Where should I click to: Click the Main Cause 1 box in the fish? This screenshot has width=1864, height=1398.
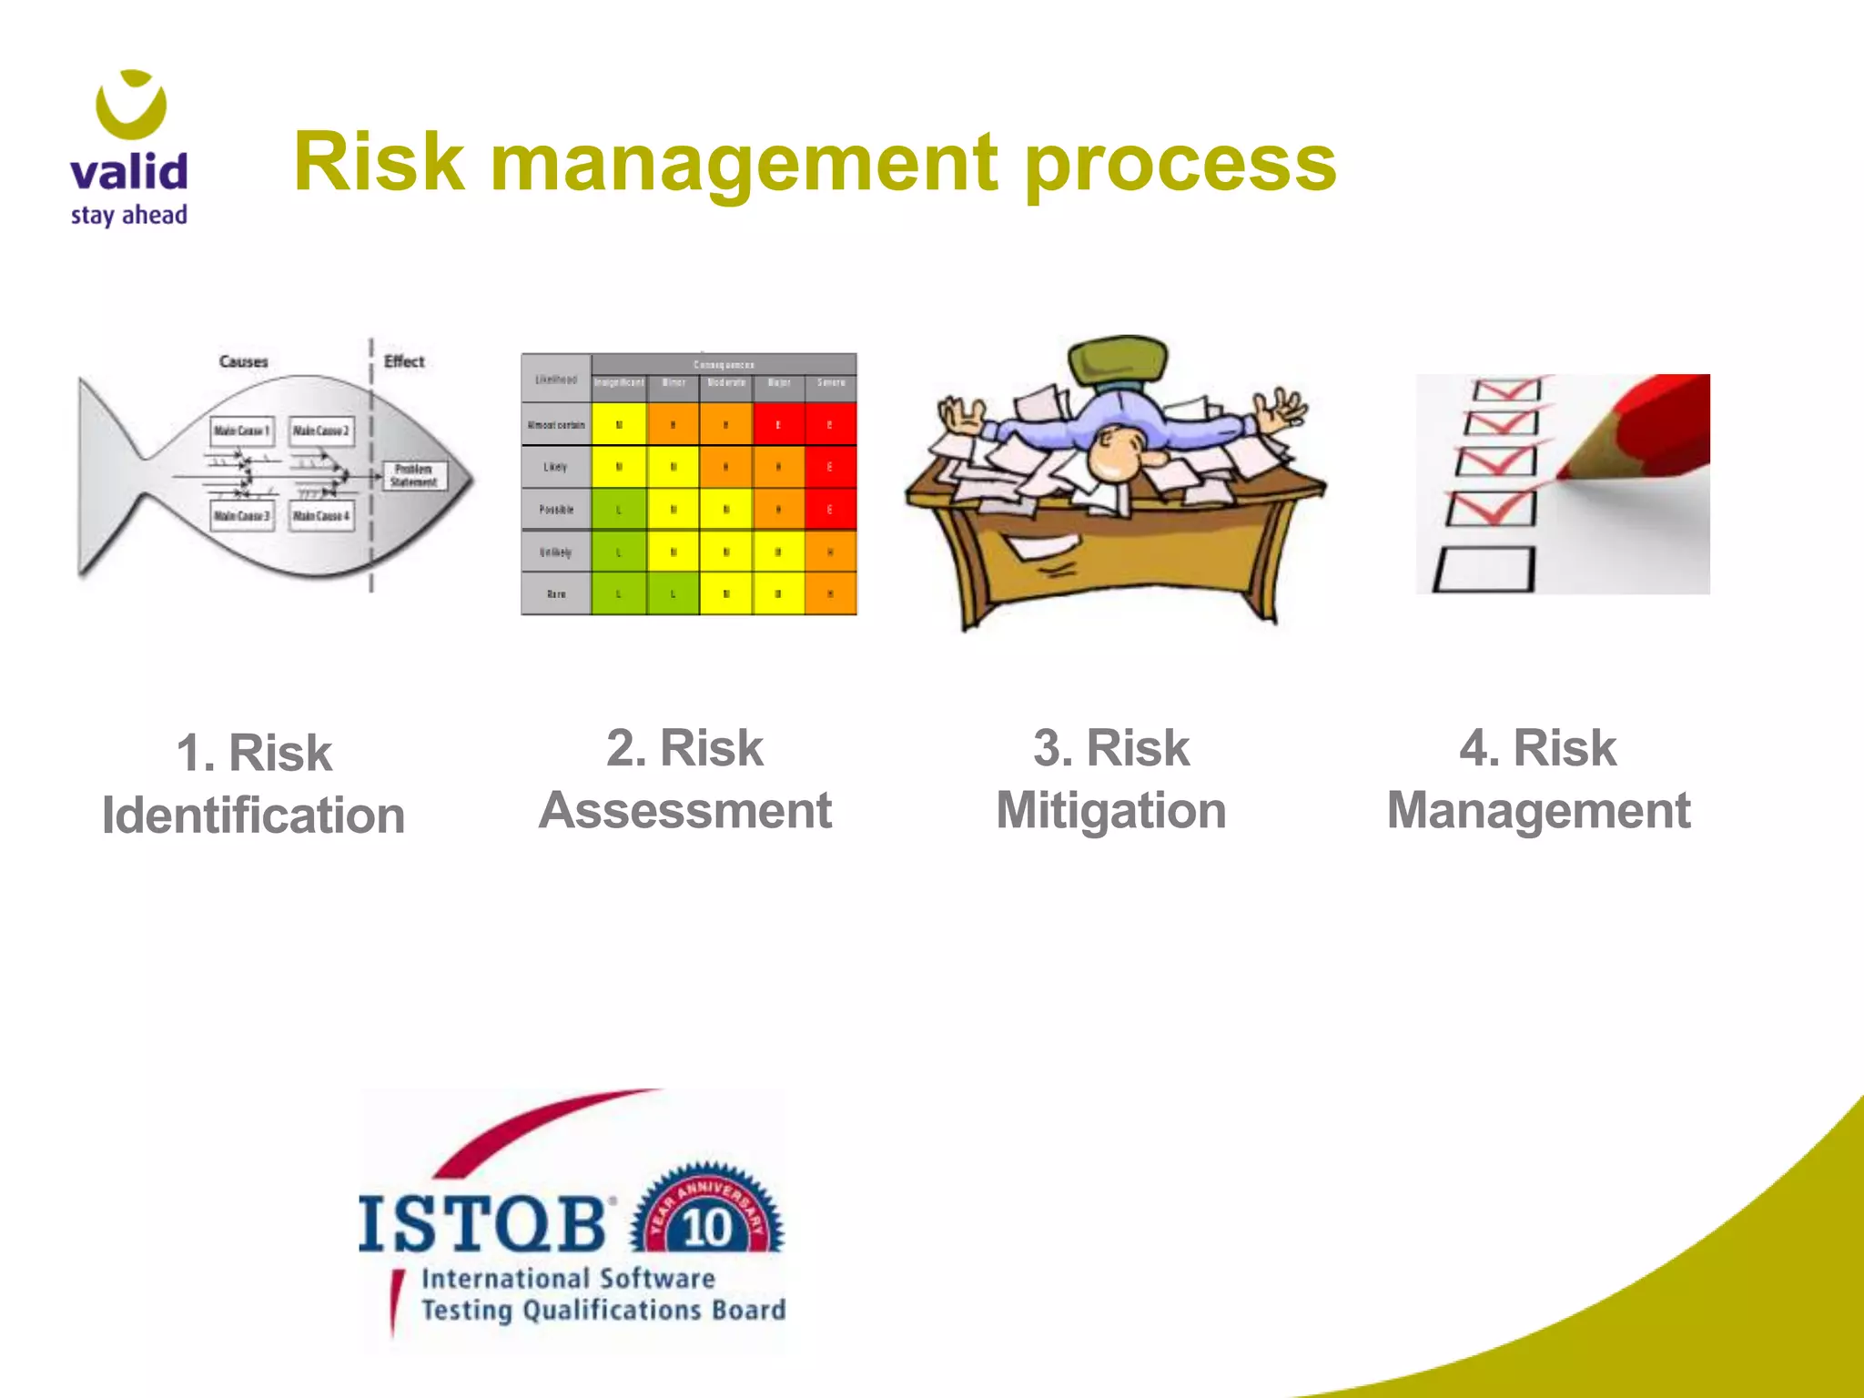241,431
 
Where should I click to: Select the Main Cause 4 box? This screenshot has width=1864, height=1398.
320,516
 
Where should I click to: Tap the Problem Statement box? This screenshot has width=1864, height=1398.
414,475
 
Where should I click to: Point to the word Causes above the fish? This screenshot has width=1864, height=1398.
243,361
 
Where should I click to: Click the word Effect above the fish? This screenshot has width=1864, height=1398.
404,361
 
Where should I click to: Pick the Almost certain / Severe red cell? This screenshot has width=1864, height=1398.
830,424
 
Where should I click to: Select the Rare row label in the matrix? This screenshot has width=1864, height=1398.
556,593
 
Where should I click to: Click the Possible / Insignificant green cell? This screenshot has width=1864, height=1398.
619,509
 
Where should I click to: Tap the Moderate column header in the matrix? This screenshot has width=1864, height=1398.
726,383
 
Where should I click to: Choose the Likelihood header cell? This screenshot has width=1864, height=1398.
556,379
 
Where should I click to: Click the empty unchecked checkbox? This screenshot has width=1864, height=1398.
1484,570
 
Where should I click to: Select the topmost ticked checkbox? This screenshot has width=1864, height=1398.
1506,390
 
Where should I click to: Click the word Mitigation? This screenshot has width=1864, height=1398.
1111,810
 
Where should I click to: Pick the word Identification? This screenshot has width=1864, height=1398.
253,815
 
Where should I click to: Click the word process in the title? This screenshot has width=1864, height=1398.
1180,164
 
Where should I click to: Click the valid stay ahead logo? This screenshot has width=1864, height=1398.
129,150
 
